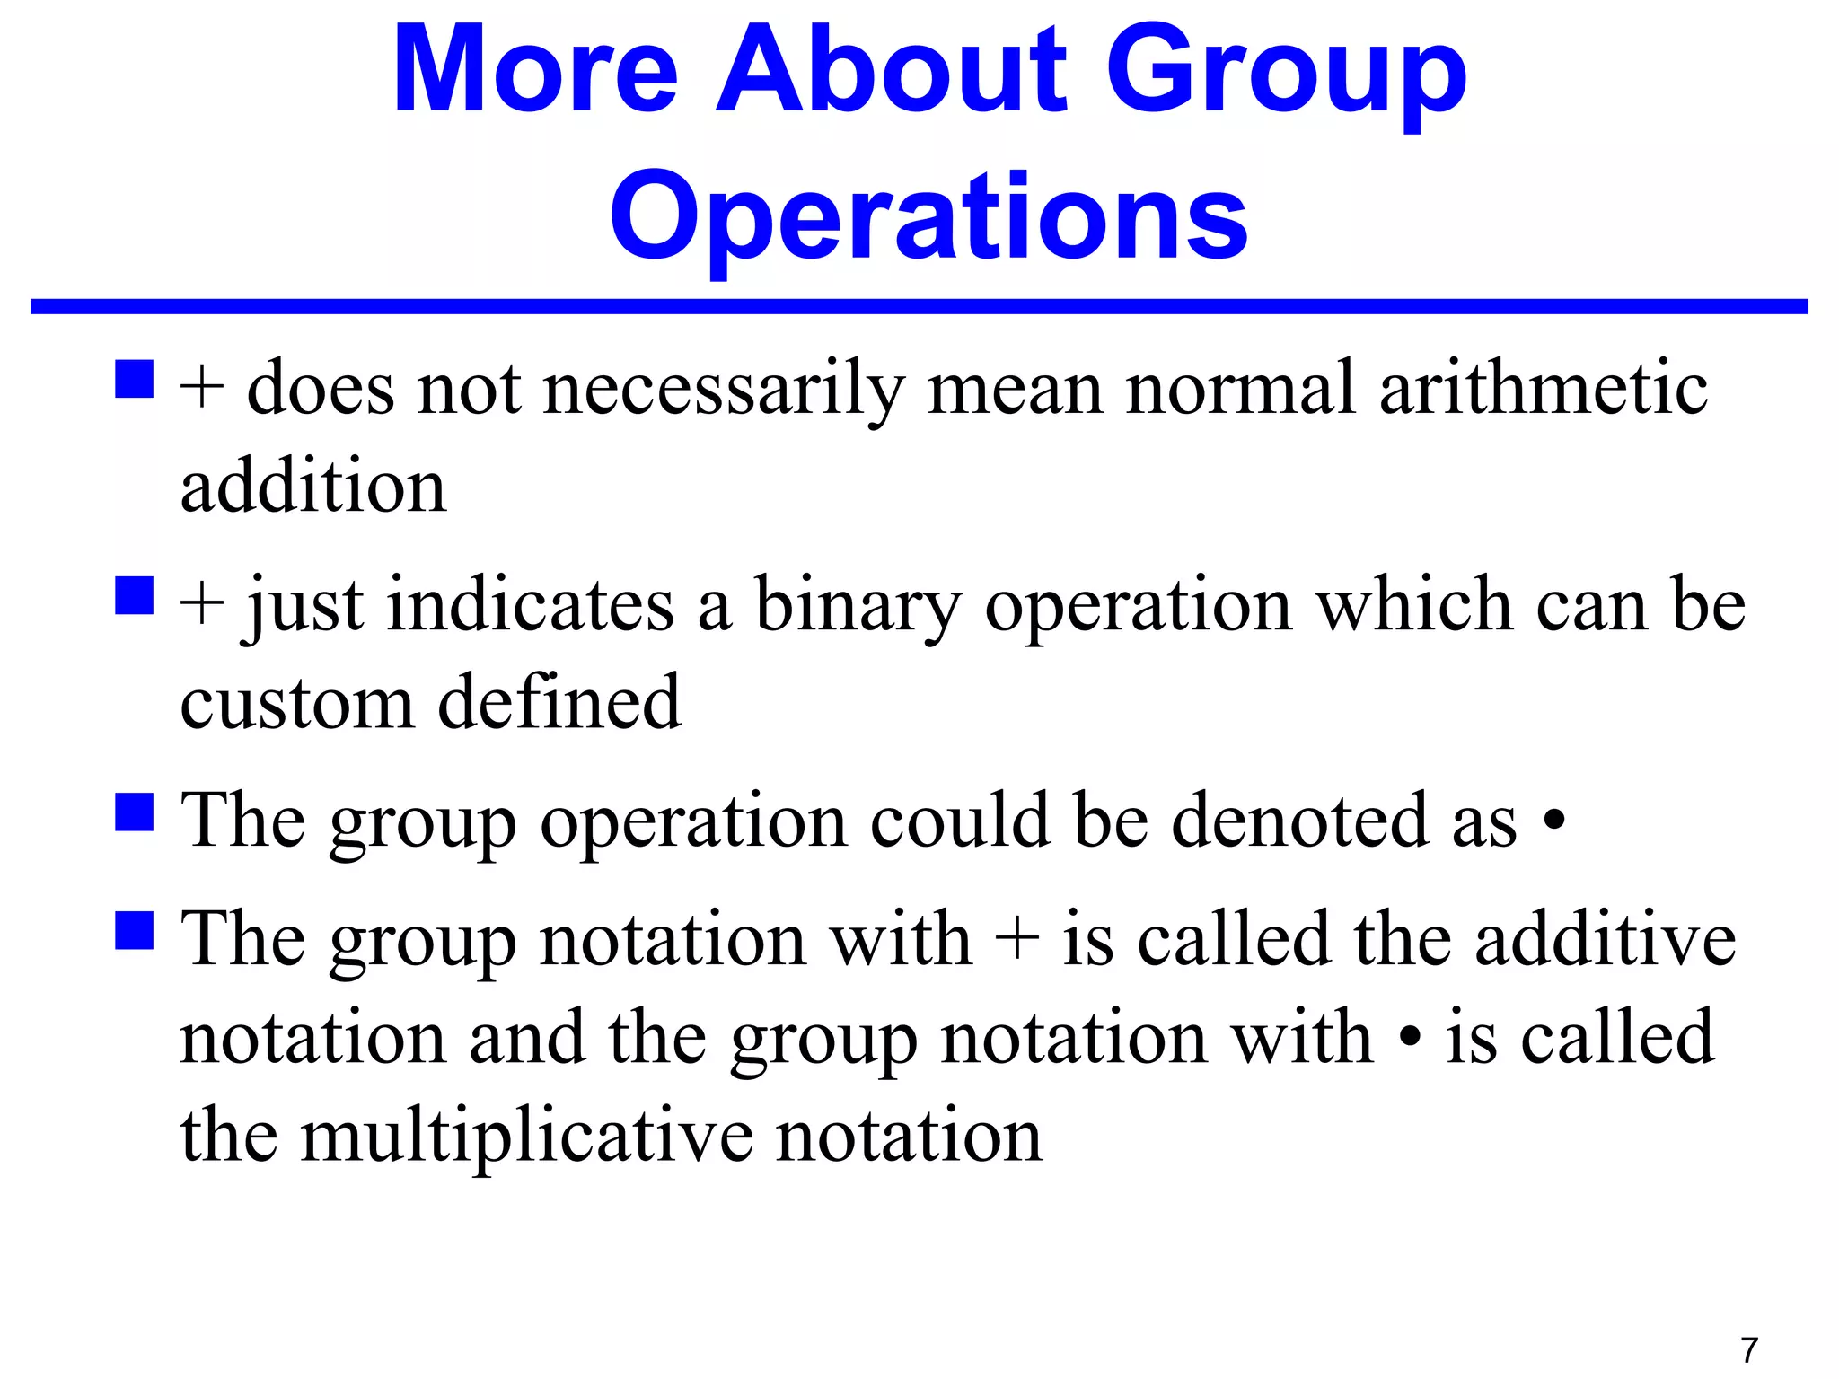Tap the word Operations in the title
pos(928,217)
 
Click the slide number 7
pos(1748,1349)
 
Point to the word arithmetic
pos(1543,388)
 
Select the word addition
pos(312,485)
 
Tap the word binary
pos(858,607)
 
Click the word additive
pos(1605,939)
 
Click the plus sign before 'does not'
pos(201,388)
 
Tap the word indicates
pos(530,605)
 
